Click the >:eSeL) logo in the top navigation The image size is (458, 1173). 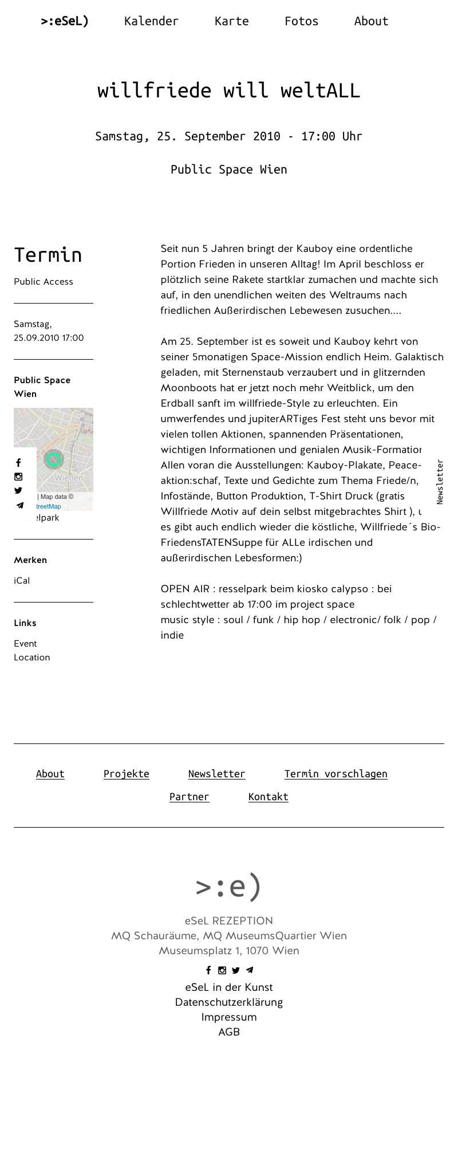coord(65,21)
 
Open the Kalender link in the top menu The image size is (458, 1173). coord(151,21)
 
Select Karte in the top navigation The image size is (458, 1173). coord(231,21)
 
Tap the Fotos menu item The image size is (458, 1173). coord(301,21)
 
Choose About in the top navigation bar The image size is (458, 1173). coord(371,21)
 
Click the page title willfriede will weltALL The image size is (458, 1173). coord(228,90)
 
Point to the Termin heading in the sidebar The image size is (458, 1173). coord(48,255)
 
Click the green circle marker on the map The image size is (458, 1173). coord(54,459)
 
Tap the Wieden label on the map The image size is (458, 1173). coord(69,478)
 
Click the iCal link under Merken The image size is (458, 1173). coord(22,581)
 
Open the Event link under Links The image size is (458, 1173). coord(25,644)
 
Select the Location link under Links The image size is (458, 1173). coord(32,658)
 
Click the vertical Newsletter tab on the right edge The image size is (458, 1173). coord(440,482)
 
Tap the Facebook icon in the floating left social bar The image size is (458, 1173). coord(18,463)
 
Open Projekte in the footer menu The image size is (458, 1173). coord(127,774)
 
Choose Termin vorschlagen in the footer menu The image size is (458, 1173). coord(335,774)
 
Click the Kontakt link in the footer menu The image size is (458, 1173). coord(268,797)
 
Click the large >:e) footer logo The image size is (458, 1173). coord(228,886)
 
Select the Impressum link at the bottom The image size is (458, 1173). coord(229,1017)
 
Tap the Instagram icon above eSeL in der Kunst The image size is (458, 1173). coord(222,970)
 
